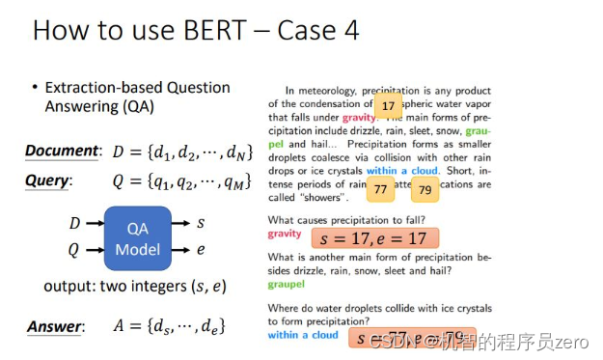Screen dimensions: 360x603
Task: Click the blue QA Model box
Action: (x=137, y=237)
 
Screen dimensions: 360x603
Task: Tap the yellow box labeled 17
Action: (x=388, y=106)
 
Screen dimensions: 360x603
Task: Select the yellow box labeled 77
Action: (x=381, y=190)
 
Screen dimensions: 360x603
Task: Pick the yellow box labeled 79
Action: (x=425, y=191)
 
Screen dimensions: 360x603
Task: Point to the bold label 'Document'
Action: (x=62, y=151)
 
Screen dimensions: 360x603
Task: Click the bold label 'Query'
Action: (x=47, y=180)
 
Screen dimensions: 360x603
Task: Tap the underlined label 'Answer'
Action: (x=54, y=326)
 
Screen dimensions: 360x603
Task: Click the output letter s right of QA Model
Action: (x=201, y=224)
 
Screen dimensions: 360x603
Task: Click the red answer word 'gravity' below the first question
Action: (x=285, y=235)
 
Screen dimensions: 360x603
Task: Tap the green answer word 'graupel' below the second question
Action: (x=287, y=284)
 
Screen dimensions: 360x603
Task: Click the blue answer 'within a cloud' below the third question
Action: (x=303, y=335)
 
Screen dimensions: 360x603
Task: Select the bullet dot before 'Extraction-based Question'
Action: (x=36, y=88)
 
